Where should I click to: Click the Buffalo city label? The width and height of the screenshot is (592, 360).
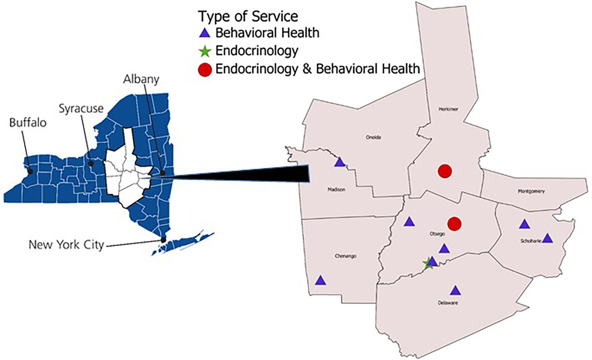(28, 122)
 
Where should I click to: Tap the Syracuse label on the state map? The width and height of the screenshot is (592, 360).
(81, 109)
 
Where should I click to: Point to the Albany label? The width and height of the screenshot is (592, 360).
(141, 79)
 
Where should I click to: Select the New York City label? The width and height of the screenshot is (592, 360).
(66, 245)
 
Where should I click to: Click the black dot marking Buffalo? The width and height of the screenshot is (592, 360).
(30, 171)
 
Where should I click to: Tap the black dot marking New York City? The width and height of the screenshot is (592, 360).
(163, 240)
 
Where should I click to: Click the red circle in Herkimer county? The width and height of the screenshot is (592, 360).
(445, 171)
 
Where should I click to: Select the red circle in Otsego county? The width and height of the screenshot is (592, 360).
(454, 223)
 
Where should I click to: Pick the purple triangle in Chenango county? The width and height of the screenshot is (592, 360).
(320, 280)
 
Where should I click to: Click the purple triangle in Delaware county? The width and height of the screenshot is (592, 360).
(455, 290)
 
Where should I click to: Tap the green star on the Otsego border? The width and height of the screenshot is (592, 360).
(428, 264)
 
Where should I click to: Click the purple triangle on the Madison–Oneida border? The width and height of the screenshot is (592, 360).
(340, 162)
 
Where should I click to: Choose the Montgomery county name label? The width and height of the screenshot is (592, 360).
(531, 191)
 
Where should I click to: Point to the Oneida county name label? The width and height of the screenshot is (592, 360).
(373, 137)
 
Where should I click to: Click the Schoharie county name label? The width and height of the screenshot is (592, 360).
(531, 241)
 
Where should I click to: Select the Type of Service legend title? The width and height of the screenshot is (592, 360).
(248, 16)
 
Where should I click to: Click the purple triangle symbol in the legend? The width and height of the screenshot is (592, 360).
(205, 33)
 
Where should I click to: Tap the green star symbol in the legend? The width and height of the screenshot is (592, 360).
(205, 51)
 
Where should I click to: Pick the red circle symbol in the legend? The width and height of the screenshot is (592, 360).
(205, 70)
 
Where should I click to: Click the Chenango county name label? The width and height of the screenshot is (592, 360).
(345, 256)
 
